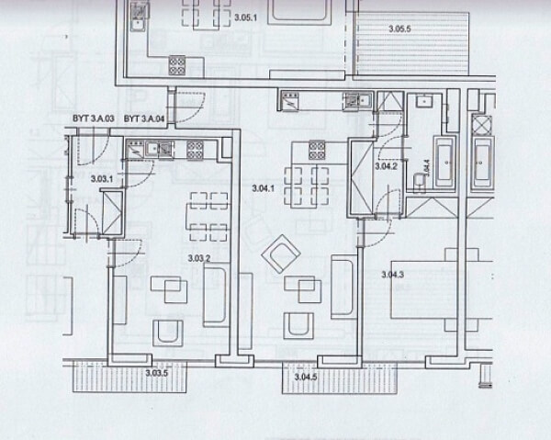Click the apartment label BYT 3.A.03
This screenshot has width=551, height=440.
[93, 119]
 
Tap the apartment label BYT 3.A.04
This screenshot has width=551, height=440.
[144, 119]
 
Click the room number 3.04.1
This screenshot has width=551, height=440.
[264, 188]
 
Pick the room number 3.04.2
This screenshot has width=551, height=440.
[387, 166]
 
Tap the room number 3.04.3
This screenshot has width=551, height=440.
[393, 274]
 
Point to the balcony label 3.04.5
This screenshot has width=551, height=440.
[304, 377]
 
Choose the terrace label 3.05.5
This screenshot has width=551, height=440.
[399, 29]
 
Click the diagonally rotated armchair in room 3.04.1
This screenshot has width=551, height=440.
[279, 254]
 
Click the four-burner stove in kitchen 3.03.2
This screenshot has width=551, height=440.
[196, 150]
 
